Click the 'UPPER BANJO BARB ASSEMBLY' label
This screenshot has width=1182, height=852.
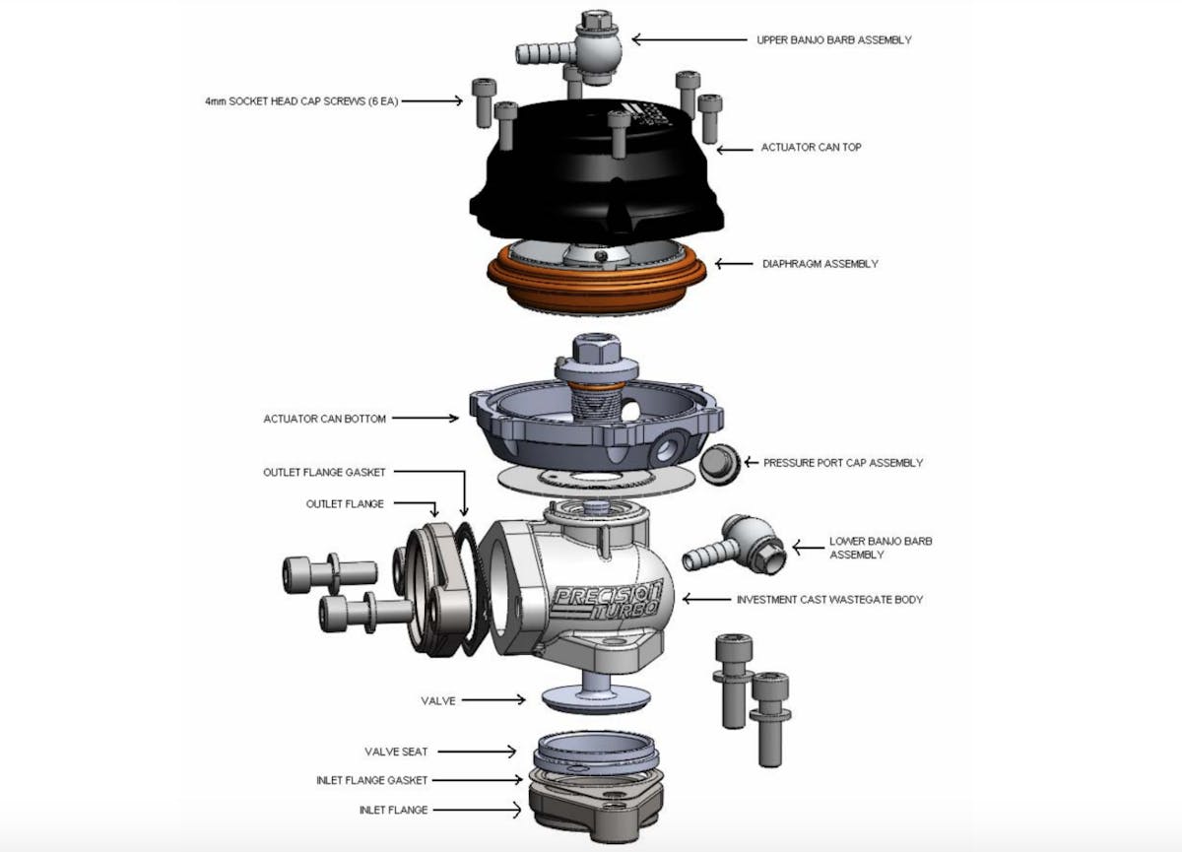click(833, 40)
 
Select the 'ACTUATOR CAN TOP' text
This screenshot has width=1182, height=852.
click(811, 148)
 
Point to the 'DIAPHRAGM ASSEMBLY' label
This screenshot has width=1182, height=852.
click(820, 264)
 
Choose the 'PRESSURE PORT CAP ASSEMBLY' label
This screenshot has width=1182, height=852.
click(843, 463)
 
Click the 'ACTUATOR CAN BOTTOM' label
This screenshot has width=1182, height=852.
click(324, 419)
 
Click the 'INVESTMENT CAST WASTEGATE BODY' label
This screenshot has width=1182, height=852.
click(829, 599)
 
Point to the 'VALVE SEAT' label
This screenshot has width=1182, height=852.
click(396, 752)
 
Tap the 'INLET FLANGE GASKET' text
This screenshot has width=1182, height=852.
click(371, 780)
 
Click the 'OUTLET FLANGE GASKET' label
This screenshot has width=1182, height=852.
click(324, 473)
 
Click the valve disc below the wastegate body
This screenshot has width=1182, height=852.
click(595, 695)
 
